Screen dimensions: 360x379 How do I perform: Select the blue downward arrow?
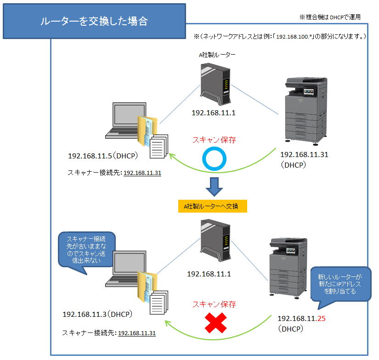pos(214,186)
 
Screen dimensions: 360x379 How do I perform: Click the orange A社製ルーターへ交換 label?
pos(213,206)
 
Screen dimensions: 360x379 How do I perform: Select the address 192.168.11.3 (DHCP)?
pos(97,315)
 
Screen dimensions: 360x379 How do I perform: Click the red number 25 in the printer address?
pos(323,318)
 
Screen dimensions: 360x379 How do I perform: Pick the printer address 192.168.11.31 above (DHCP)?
pos(304,155)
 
